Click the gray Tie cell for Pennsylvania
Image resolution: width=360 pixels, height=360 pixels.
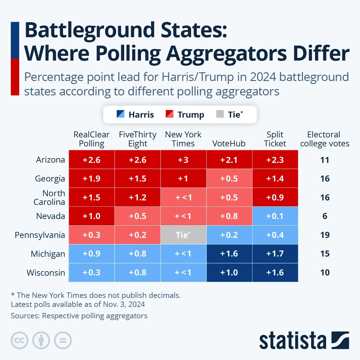(183, 235)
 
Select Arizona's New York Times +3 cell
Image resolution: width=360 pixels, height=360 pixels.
(183, 160)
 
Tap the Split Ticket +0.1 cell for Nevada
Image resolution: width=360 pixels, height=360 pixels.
(275, 216)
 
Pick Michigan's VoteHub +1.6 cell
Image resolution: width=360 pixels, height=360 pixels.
(229, 254)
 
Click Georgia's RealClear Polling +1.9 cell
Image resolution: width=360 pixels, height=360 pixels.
(91, 178)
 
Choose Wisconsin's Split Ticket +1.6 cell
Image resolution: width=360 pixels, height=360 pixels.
(275, 272)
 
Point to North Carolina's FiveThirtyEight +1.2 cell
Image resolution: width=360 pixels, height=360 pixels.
(137, 197)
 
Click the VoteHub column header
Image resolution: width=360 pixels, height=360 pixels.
(229, 143)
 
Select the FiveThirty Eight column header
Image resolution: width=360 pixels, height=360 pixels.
(137, 139)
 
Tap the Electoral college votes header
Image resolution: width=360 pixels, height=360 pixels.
(325, 139)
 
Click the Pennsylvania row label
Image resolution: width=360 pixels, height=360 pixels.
(40, 235)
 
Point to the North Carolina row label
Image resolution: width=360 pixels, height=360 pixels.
(49, 197)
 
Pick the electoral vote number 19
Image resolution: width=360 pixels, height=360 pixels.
(325, 235)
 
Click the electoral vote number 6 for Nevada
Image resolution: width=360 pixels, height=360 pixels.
(325, 216)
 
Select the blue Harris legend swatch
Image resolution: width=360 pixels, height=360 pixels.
(120, 114)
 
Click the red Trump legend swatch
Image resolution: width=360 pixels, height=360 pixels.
(169, 114)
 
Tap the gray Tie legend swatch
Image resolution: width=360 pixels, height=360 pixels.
(220, 114)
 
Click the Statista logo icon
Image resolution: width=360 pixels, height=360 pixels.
(340, 340)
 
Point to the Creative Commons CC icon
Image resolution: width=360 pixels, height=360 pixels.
(19, 340)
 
